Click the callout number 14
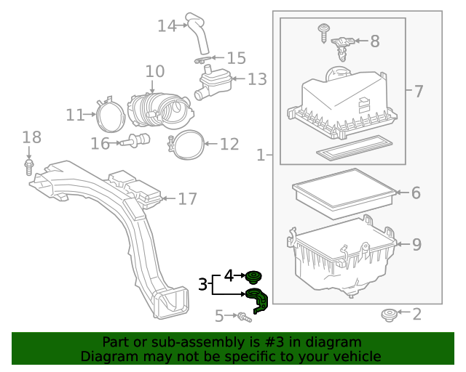coord(167,26)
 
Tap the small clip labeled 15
coord(203,58)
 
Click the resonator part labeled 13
coord(213,81)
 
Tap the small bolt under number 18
coord(29,168)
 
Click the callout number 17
coord(187,199)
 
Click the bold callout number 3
coord(203,284)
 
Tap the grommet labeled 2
coord(390,315)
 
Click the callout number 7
coord(418,92)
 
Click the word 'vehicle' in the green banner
coord(356,356)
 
